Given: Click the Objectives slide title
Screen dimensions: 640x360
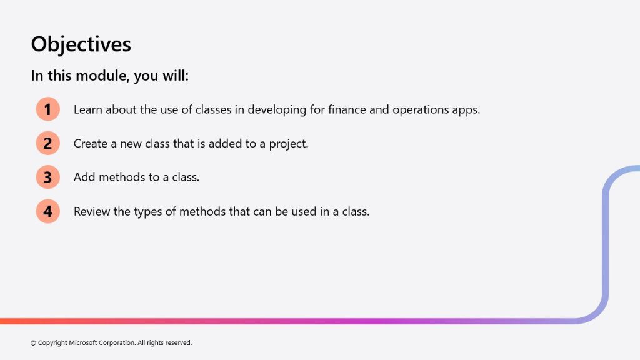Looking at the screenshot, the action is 81,44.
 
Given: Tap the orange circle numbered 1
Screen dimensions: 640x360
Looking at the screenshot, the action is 47,109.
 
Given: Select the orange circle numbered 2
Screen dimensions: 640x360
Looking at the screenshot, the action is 47,143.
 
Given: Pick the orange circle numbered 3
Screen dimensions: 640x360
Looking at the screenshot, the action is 47,177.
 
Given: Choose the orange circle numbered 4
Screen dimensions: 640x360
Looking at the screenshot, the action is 47,211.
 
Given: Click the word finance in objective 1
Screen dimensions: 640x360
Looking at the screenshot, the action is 347,109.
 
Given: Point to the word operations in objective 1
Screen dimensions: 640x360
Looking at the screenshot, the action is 421,110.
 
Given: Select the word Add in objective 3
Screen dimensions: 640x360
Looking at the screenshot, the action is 84,177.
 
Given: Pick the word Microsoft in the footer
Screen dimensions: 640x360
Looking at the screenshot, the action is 82,343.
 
